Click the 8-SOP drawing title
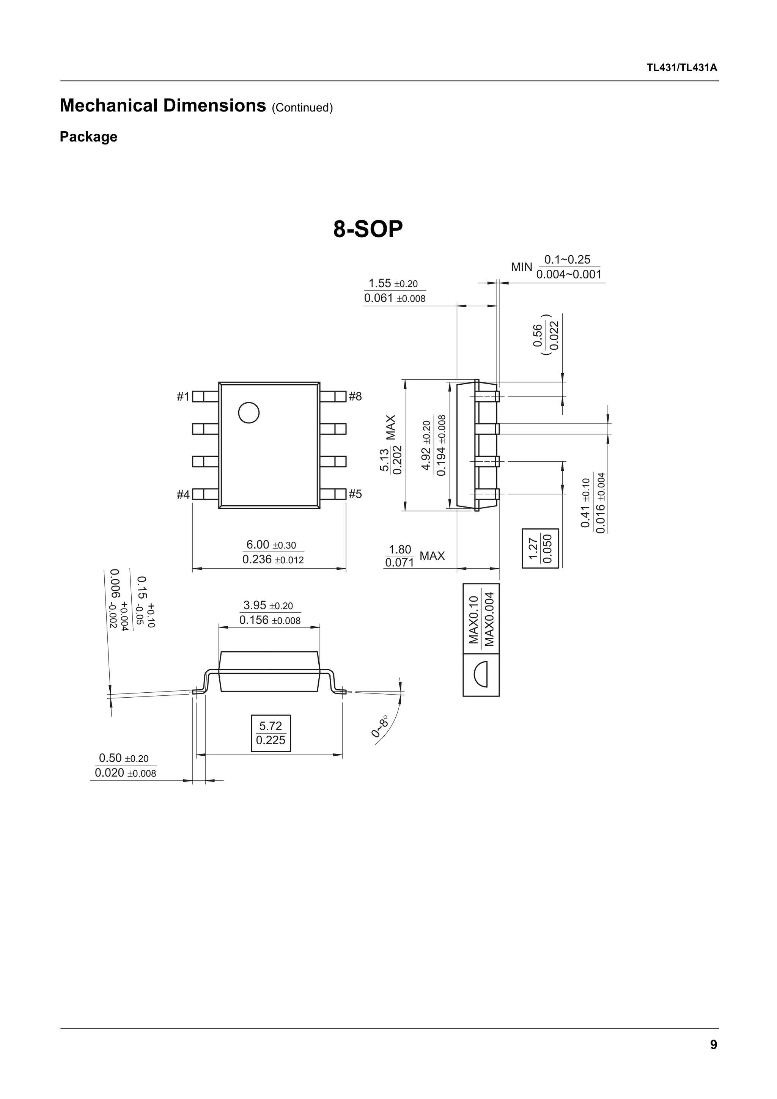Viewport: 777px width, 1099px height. tap(368, 230)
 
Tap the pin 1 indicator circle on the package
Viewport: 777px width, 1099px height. tap(249, 413)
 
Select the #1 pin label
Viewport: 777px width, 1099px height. tap(183, 397)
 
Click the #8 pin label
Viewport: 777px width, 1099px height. tap(355, 396)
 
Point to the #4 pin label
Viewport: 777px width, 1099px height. tap(183, 494)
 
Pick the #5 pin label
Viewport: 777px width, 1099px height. tap(355, 494)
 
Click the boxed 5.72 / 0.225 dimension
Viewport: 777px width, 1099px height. tap(271, 733)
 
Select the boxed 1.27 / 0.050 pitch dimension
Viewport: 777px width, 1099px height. tap(540, 548)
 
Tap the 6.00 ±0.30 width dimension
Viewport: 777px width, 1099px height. tap(271, 545)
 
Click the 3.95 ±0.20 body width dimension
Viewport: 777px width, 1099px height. tap(268, 605)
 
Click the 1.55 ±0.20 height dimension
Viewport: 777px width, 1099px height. tap(393, 283)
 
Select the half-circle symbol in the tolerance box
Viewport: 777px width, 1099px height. tap(481, 674)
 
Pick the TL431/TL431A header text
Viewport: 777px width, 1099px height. tap(682, 68)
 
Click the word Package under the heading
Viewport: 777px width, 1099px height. tap(88, 137)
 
